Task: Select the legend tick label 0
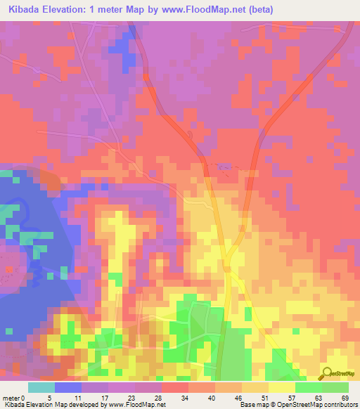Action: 24,397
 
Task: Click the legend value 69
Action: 345,397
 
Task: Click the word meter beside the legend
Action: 11,397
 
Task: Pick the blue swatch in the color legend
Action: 68,387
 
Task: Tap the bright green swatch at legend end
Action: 335,387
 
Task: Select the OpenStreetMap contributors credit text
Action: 309,405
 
